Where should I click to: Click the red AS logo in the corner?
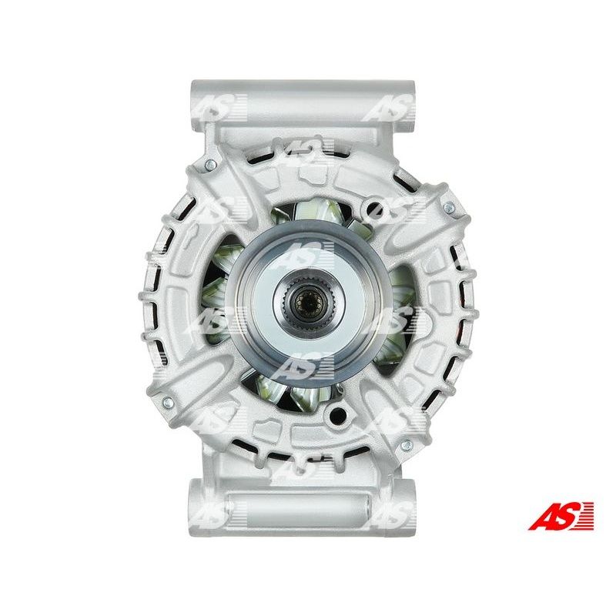click(561, 515)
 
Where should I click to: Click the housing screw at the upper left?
click(211, 166)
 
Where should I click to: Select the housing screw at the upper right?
click(448, 207)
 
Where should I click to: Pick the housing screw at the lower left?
click(168, 402)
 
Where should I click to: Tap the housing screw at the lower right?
click(407, 445)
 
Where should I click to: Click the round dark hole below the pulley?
click(337, 413)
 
